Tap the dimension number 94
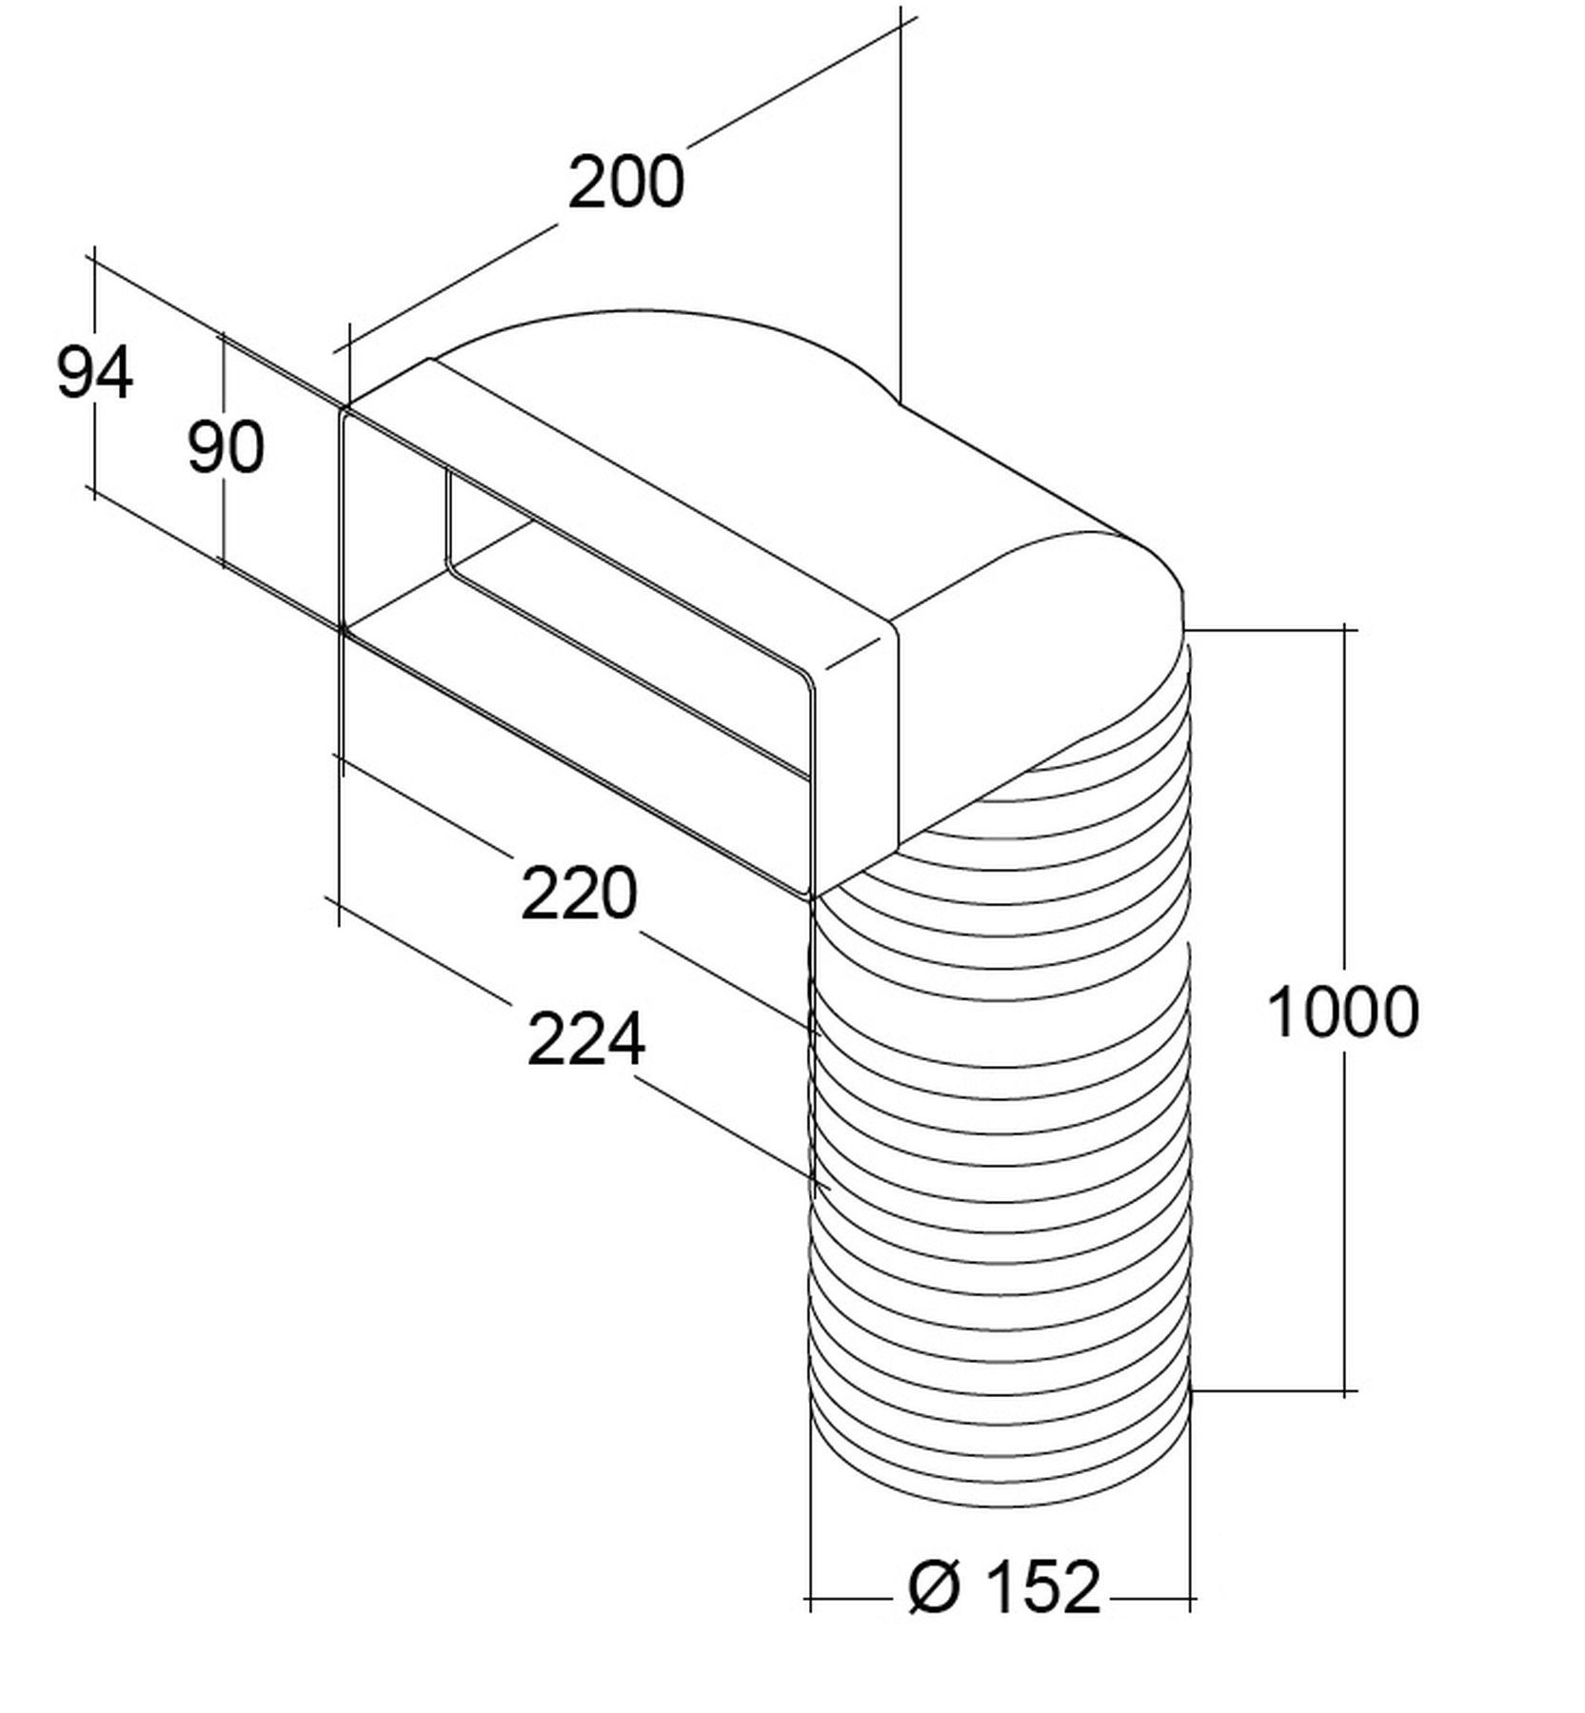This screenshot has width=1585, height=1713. (94, 372)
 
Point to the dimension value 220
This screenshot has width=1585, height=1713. (578, 893)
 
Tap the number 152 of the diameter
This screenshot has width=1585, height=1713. (1042, 1586)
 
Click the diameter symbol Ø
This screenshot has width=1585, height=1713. (933, 1586)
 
